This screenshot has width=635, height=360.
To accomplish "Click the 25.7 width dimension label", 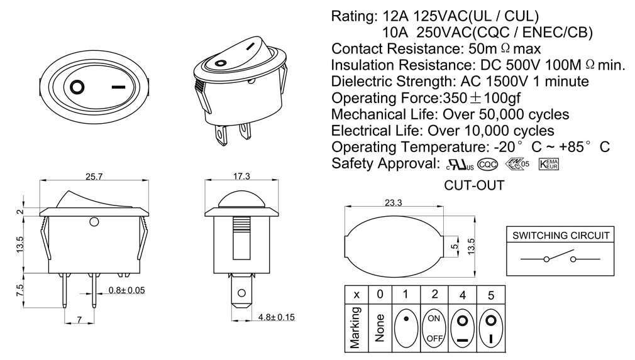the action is [x=94, y=177].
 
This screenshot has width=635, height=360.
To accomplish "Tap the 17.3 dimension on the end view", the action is [x=242, y=177].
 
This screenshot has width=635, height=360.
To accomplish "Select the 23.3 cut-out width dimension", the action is [x=393, y=202].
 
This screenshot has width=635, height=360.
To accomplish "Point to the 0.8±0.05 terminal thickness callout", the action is [x=127, y=290].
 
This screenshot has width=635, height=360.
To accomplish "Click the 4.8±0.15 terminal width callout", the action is [x=277, y=317].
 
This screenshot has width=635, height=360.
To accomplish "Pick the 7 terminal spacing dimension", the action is [x=79, y=320].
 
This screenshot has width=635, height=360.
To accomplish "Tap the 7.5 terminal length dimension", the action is [x=19, y=290].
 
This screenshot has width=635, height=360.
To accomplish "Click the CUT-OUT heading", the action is [x=474, y=185].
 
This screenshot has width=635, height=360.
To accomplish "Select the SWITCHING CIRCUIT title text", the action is [x=561, y=236].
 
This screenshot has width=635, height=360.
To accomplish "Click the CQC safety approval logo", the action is [x=488, y=165].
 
